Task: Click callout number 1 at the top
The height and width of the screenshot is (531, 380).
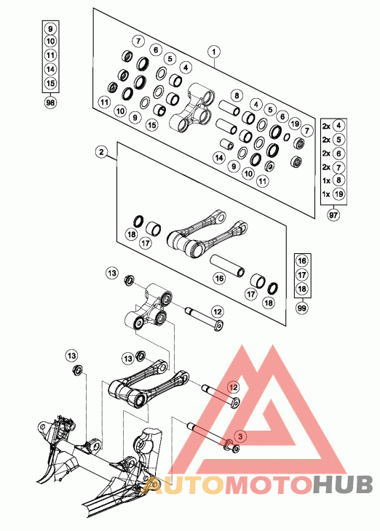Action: [x=214, y=52]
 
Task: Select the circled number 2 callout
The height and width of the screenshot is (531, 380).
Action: [x=101, y=152]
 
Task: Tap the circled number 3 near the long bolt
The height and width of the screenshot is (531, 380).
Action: [x=240, y=436]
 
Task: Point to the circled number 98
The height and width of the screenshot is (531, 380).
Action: [x=50, y=103]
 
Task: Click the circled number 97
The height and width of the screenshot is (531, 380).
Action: [x=333, y=215]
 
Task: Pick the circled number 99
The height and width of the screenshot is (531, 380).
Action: [x=301, y=308]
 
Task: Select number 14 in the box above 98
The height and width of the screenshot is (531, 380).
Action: [x=50, y=69]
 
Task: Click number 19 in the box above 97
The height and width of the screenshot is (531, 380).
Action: [x=339, y=194]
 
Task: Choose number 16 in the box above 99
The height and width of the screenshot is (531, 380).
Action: [x=302, y=260]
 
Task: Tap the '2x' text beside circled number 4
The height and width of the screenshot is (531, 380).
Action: [x=326, y=126]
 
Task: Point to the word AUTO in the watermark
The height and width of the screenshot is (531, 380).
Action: [x=183, y=484]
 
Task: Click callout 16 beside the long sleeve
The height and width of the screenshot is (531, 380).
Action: [x=220, y=279]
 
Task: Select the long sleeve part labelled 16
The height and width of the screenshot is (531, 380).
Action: [x=227, y=265]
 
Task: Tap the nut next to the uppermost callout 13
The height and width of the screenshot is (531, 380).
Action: [x=128, y=280]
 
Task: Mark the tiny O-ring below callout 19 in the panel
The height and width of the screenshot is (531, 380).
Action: [x=287, y=137]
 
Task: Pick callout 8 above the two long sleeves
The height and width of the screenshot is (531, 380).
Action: [x=237, y=95]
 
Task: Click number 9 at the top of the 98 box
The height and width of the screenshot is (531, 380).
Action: [x=50, y=29]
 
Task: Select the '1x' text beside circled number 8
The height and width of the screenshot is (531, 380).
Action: [x=326, y=180]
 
